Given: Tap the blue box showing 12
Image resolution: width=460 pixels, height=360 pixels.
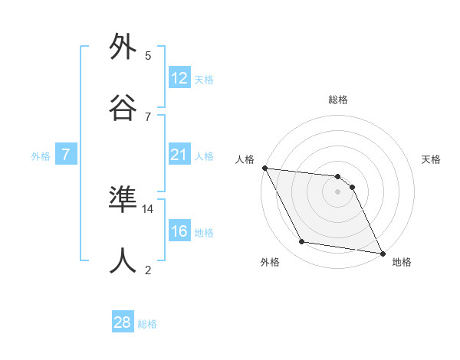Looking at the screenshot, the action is [x=179, y=78].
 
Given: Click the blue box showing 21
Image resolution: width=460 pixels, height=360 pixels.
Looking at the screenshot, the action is [x=179, y=155].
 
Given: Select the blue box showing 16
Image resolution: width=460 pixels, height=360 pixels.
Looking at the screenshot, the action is [x=179, y=231].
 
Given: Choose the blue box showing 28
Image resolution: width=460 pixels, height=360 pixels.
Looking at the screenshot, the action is [x=123, y=322].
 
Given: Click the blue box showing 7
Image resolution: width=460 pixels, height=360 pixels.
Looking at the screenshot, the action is [x=66, y=155].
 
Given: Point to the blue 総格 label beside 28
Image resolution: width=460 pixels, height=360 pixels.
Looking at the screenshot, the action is [x=147, y=324].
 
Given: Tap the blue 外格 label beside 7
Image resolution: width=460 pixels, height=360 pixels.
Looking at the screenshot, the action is [x=41, y=156].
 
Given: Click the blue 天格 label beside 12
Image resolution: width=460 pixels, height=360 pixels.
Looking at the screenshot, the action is [x=204, y=80].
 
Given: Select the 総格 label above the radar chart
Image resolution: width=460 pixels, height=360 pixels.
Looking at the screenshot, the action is [x=338, y=100].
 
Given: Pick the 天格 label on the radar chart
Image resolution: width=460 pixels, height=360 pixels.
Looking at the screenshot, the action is [x=432, y=159].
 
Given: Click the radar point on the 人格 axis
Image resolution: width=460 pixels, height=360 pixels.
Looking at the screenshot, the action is [x=264, y=168].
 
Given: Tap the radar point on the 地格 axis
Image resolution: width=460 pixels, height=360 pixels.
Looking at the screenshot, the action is [x=381, y=252].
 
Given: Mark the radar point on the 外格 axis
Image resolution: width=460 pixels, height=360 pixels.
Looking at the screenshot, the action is [x=302, y=243].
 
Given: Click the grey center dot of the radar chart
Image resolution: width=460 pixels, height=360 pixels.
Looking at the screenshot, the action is [x=338, y=191].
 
